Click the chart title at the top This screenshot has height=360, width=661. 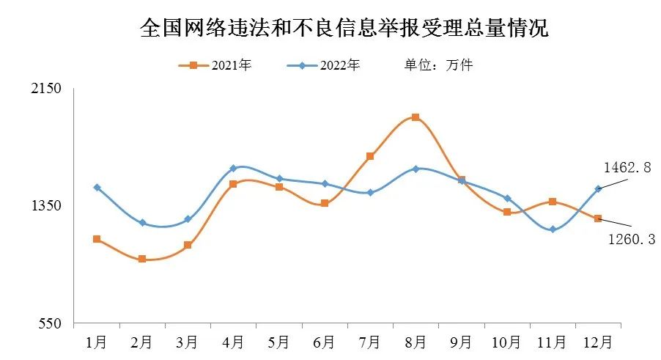coord(344,29)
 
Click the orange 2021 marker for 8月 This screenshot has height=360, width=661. coord(416,117)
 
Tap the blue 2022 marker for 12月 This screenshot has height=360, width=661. coord(598,189)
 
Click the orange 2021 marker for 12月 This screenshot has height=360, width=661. coord(598,218)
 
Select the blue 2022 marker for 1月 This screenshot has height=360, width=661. coord(97,188)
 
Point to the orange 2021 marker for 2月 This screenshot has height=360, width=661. coord(142,259)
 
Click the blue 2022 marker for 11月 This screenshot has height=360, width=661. coord(553,229)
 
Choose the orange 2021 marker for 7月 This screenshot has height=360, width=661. coord(370,156)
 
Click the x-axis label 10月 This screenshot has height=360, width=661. coord(506,342)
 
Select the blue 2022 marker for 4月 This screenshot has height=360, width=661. coord(233,169)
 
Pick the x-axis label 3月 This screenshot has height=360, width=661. coord(188,342)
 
